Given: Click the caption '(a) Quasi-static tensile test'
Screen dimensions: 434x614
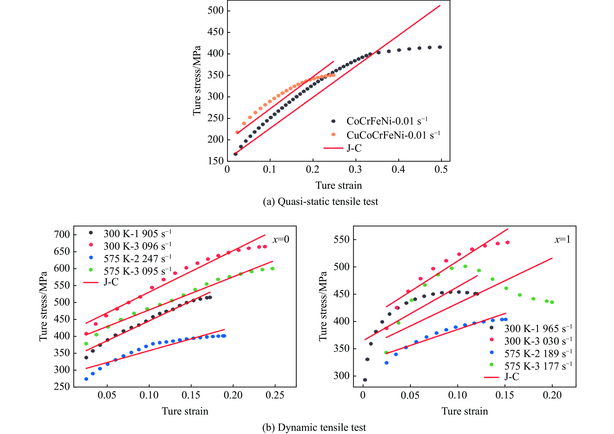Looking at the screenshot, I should (x=320, y=202).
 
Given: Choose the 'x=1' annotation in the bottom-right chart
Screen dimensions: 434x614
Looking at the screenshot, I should (x=562, y=239).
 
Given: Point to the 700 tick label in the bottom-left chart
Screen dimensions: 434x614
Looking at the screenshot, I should (x=62, y=235).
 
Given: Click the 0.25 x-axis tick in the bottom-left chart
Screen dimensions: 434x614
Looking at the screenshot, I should (x=275, y=395).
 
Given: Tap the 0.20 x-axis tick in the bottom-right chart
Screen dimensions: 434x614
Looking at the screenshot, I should (x=552, y=395).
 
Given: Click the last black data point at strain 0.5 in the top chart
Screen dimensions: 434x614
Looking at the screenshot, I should (x=440, y=47).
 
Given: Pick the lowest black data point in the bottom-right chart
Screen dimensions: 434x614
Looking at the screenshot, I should (x=365, y=380).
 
